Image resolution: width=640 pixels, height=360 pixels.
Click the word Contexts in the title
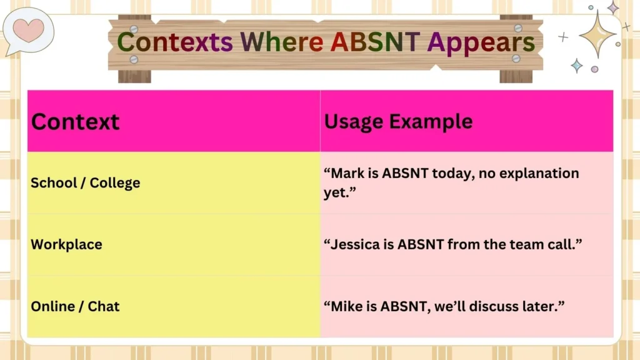click(174, 42)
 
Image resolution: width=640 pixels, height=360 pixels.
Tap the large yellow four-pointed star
click(597, 34)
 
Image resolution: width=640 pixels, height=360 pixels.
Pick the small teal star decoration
click(576, 66)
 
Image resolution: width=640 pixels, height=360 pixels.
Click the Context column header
click(75, 121)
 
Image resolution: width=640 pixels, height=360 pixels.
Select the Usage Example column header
click(398, 121)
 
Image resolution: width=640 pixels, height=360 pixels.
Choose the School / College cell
click(85, 183)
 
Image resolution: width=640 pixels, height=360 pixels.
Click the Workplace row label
click(66, 244)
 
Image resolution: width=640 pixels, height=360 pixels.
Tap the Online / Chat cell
click(75, 306)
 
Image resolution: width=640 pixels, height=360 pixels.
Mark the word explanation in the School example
click(537, 173)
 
